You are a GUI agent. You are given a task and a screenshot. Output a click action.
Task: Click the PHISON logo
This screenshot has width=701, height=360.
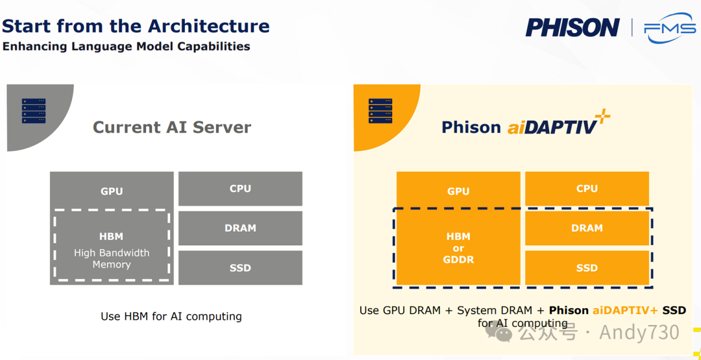coord(572,27)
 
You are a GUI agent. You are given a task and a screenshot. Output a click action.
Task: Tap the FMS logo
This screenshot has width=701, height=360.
coord(670,29)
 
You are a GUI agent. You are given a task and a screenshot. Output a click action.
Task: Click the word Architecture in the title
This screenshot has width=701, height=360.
coord(209,27)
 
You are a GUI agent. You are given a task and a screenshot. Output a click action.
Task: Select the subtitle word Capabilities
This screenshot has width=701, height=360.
coord(215,47)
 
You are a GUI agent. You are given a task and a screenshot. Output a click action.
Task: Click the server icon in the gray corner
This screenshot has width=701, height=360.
coord(34,111)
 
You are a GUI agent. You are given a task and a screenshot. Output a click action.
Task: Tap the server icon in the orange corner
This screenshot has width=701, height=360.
coord(380,111)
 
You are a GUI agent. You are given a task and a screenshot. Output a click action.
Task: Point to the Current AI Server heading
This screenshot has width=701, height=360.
coord(172,128)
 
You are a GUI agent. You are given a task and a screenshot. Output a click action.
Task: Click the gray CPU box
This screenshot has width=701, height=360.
coord(241,189)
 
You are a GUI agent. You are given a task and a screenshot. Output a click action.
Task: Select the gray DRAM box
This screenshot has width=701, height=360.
coord(241,228)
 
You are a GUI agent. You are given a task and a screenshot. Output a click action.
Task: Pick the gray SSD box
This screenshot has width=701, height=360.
coord(241,267)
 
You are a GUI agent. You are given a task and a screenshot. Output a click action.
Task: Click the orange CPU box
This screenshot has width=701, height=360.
coord(587,189)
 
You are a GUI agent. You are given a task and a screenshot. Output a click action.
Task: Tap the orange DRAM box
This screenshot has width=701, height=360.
coord(587,228)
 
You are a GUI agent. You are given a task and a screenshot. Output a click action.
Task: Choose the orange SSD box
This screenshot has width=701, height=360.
coord(587,267)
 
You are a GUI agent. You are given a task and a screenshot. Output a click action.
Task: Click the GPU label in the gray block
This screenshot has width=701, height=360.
coord(112,191)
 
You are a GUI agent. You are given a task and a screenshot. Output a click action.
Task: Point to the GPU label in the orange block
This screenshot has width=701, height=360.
coord(459,191)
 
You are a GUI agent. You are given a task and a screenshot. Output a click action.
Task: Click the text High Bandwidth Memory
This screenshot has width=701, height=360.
coord(112,259)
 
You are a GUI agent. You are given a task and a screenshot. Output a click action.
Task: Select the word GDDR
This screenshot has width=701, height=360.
coord(459,259)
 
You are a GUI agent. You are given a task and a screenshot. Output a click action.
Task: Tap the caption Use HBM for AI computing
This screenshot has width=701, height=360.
coord(171,317)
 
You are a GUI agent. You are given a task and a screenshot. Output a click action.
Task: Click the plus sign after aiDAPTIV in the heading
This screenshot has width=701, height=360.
coord(603,115)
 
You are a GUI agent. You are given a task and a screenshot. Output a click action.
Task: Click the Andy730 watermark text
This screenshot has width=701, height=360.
coord(639,332)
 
